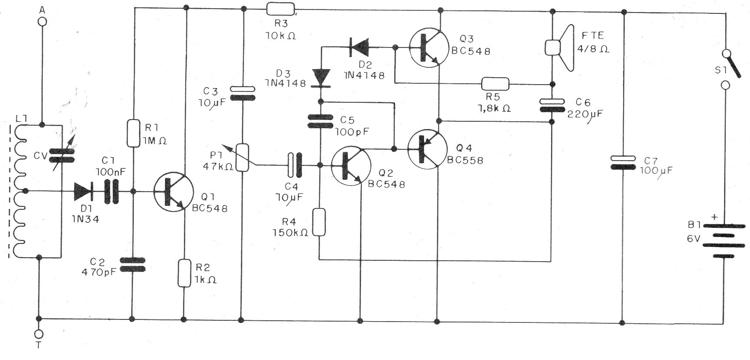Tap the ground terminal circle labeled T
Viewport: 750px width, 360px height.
[x=39, y=334]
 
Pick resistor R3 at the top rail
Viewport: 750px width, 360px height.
[x=281, y=9]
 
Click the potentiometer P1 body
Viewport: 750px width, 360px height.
[x=243, y=157]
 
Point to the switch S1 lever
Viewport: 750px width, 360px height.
[x=733, y=65]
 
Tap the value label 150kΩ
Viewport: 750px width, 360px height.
[x=290, y=233]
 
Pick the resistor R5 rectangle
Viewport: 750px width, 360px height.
[x=495, y=84]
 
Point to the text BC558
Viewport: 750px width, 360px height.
[x=465, y=160]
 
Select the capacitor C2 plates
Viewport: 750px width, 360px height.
[x=132, y=265]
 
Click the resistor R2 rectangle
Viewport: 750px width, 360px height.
[x=184, y=273]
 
